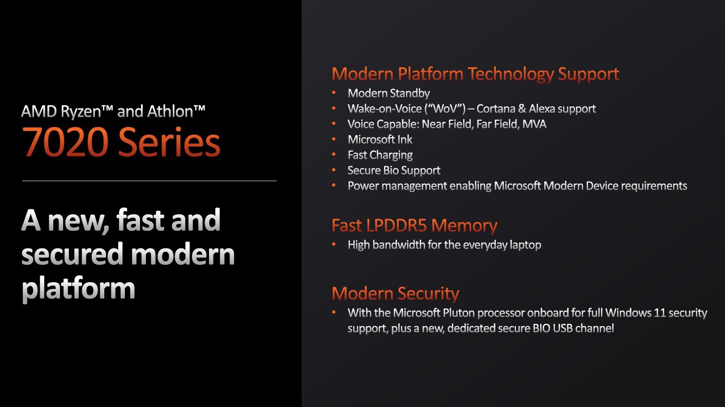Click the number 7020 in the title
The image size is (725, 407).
click(65, 142)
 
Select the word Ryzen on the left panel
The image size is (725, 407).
click(81, 112)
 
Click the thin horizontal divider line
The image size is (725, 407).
click(149, 181)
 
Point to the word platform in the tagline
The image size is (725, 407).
click(78, 289)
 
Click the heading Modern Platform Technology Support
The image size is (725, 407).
click(475, 74)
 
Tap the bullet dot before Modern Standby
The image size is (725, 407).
click(334, 93)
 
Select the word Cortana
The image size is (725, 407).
click(495, 108)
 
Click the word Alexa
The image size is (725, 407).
click(542, 108)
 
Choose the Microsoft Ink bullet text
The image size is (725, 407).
click(380, 140)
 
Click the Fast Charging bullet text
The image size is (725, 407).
click(380, 155)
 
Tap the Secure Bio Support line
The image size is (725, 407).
click(394, 170)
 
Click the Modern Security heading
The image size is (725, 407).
click(396, 293)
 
